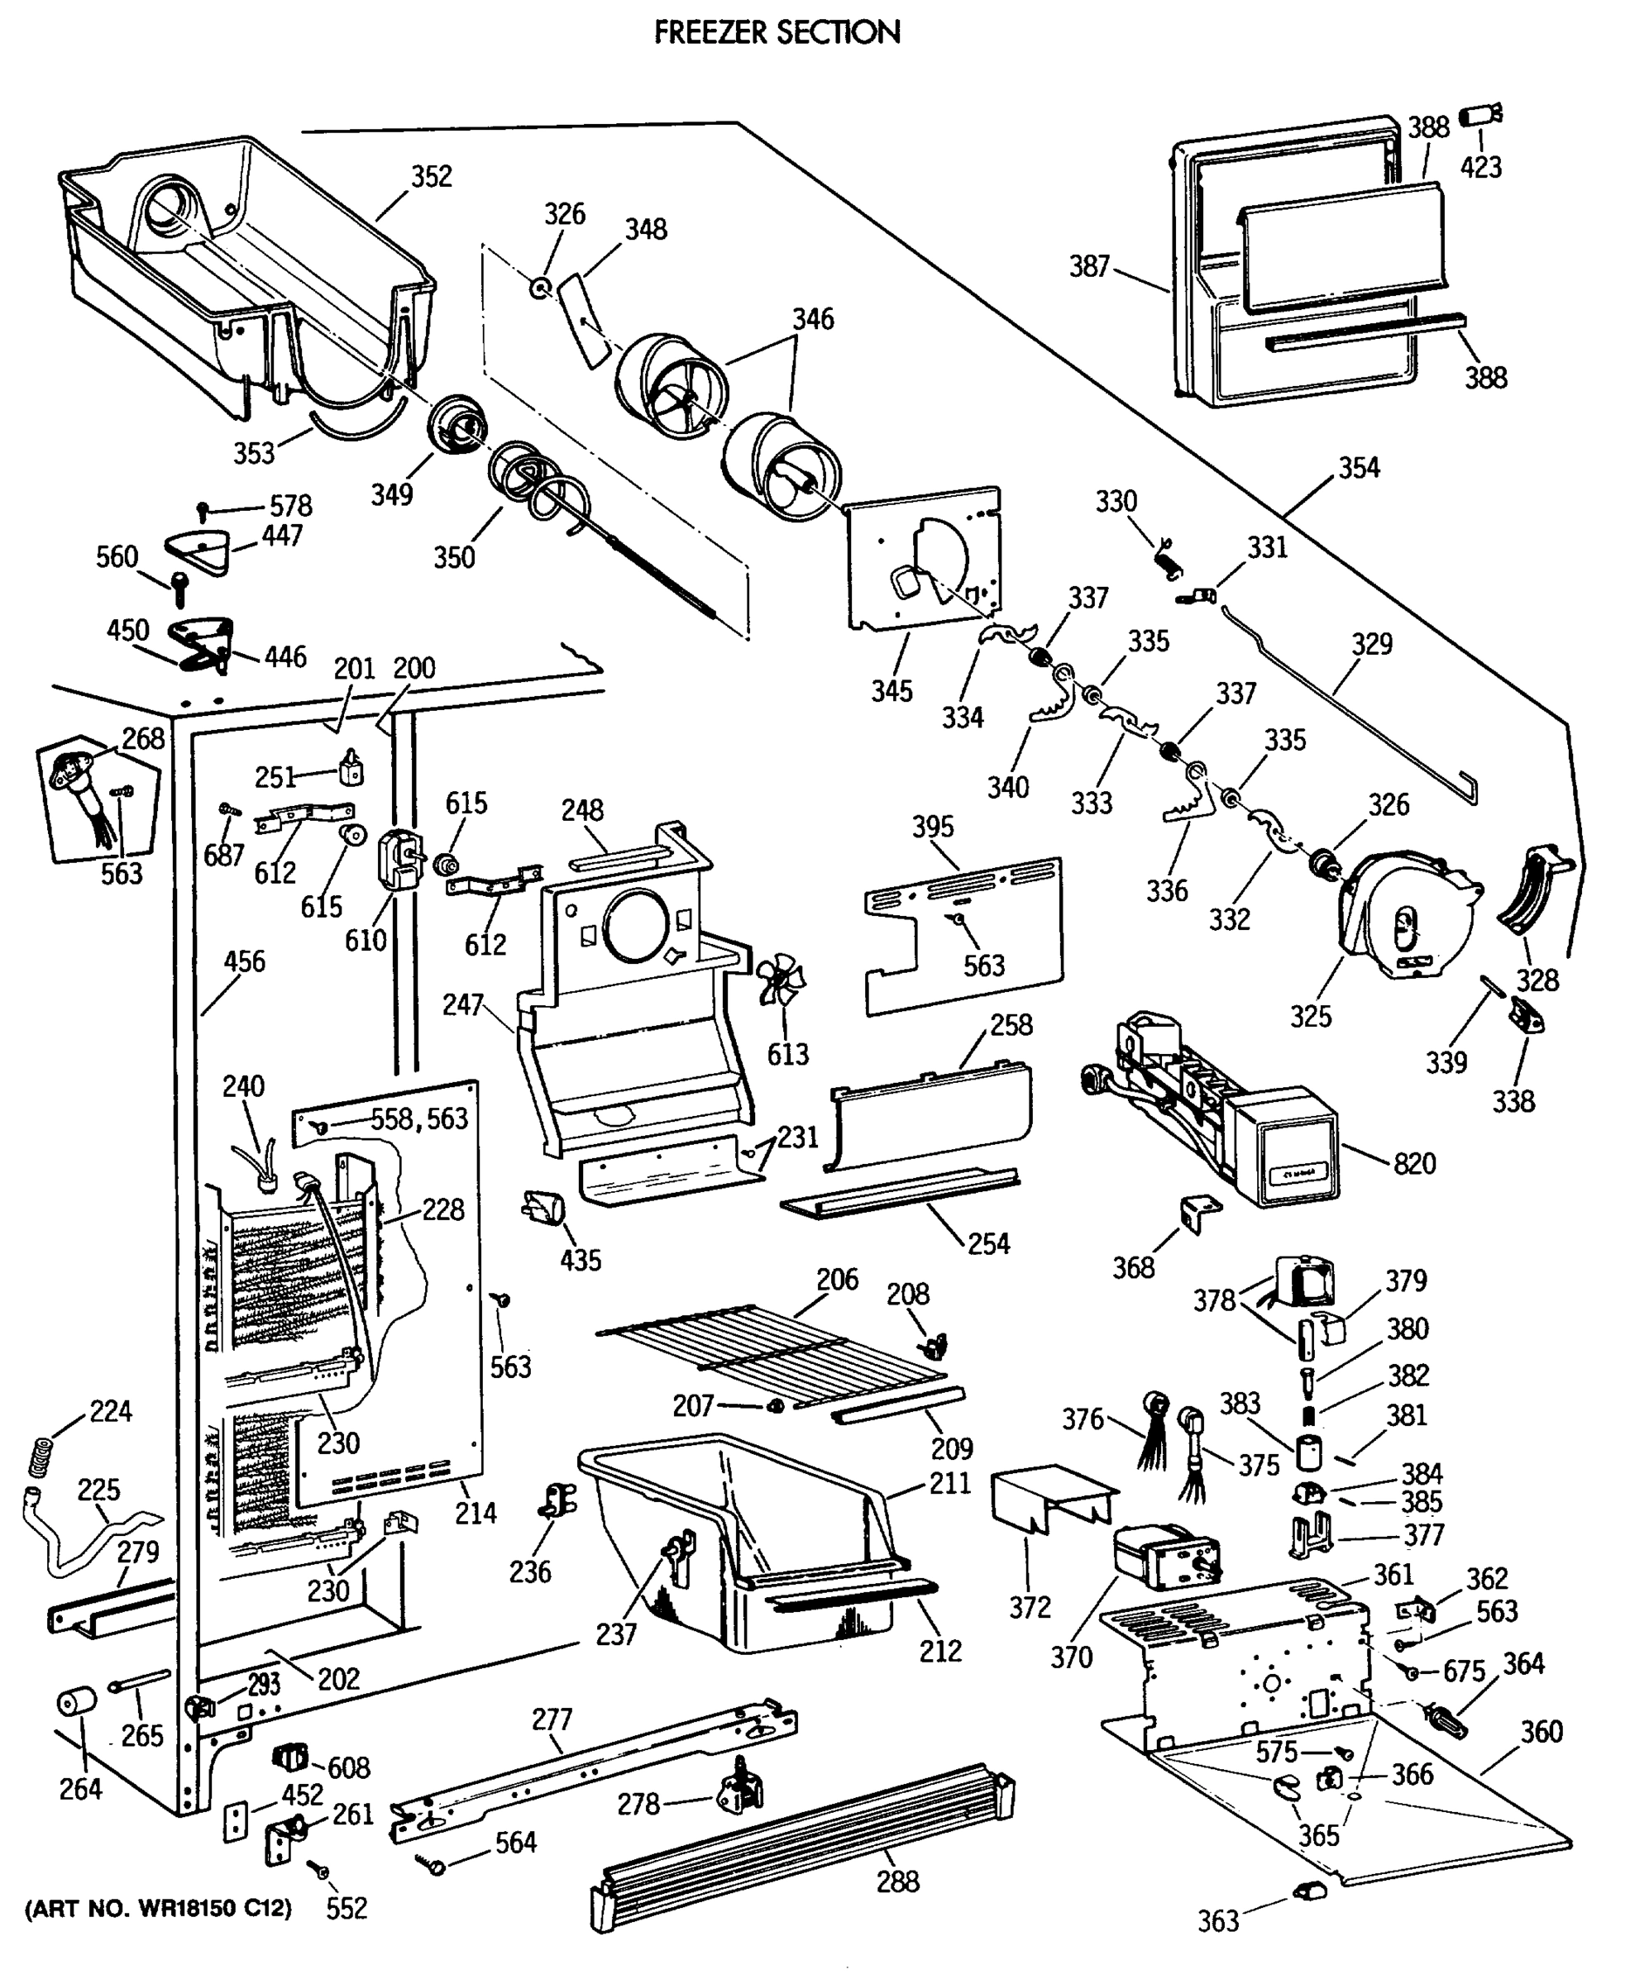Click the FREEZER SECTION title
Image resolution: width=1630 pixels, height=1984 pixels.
click(777, 33)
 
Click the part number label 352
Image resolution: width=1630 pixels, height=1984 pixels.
click(431, 176)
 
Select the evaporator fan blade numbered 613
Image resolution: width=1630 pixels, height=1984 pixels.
click(778, 980)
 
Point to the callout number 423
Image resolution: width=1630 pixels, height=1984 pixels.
click(1480, 167)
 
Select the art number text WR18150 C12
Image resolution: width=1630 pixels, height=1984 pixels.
click(158, 1909)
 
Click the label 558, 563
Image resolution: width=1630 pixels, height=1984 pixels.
click(418, 1118)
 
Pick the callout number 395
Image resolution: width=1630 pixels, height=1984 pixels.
click(932, 827)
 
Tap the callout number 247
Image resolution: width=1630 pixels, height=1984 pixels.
click(463, 1005)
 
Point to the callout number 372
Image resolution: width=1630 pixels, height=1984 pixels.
click(1029, 1608)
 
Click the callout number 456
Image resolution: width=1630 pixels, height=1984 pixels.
click(244, 961)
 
